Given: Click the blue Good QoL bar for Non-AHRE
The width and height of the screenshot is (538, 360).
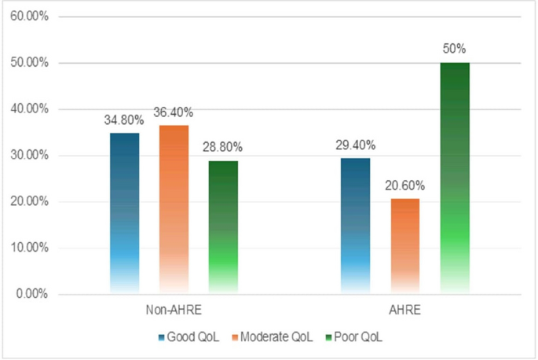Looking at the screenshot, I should (124, 213).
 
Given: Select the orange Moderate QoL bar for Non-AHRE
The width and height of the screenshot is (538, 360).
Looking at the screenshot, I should (174, 209).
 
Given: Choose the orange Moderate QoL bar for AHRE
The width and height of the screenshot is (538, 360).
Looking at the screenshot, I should (404, 246).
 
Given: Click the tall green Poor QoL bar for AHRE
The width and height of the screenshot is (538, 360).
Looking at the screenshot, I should (454, 178).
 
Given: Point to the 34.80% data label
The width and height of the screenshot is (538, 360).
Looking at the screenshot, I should (124, 120).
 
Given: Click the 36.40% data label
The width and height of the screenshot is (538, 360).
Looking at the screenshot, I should (174, 112).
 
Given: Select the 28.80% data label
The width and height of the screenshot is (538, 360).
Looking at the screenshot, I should (223, 147).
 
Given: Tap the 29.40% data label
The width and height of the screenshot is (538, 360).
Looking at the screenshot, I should (355, 145).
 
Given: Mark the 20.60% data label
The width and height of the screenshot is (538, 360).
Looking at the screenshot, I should (404, 186).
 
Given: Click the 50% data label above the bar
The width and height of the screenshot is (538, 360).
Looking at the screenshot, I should (454, 49).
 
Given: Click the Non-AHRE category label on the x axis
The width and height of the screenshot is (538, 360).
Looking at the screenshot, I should (174, 310).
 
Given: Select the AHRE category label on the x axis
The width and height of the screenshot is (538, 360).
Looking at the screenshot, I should (404, 310).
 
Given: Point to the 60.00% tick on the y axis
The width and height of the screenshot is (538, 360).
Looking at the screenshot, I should (27, 17).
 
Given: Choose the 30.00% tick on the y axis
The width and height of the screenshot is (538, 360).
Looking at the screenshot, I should (27, 156).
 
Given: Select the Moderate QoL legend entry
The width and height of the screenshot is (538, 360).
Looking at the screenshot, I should (274, 338).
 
